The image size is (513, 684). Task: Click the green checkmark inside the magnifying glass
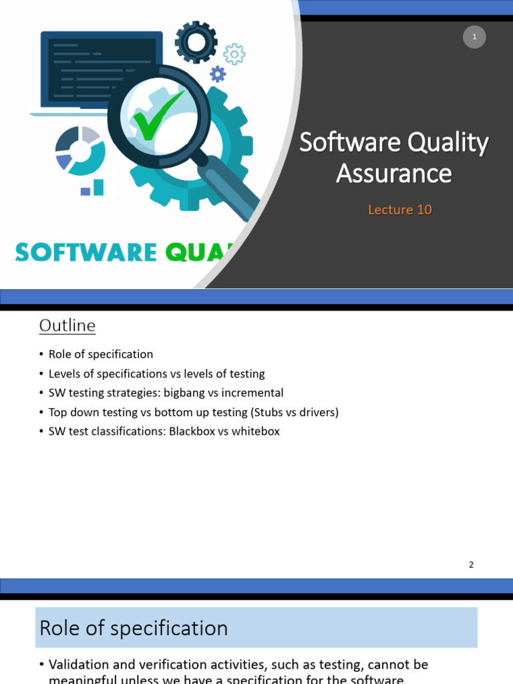point(157,117)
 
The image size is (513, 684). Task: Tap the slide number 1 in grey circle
point(474,37)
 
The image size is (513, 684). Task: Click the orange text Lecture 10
point(400,210)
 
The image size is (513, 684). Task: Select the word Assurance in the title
point(394,174)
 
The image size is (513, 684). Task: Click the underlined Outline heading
point(67,325)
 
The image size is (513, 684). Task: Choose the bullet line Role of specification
point(101,354)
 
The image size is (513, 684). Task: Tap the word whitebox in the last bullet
point(256,432)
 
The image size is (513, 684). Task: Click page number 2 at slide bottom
point(471,564)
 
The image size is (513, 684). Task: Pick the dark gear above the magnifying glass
point(196,42)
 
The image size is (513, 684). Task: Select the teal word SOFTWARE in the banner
point(85,252)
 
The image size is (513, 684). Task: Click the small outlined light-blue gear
point(234,54)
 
